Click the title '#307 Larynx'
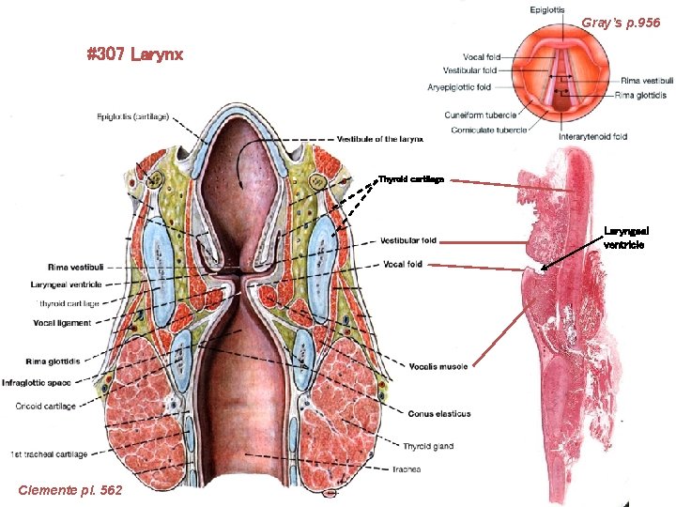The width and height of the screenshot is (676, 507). (x=134, y=54)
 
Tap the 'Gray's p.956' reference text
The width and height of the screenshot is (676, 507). (x=621, y=22)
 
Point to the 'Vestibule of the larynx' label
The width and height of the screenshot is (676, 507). (x=380, y=139)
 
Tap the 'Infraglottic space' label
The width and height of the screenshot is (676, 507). (x=37, y=382)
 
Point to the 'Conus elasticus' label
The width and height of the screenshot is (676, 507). (x=439, y=413)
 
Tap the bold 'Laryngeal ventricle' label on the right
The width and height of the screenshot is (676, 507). (x=626, y=238)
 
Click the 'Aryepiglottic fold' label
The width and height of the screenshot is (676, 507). (x=459, y=87)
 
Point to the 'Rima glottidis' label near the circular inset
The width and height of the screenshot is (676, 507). (x=645, y=94)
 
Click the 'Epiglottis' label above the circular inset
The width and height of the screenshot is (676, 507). (x=547, y=10)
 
